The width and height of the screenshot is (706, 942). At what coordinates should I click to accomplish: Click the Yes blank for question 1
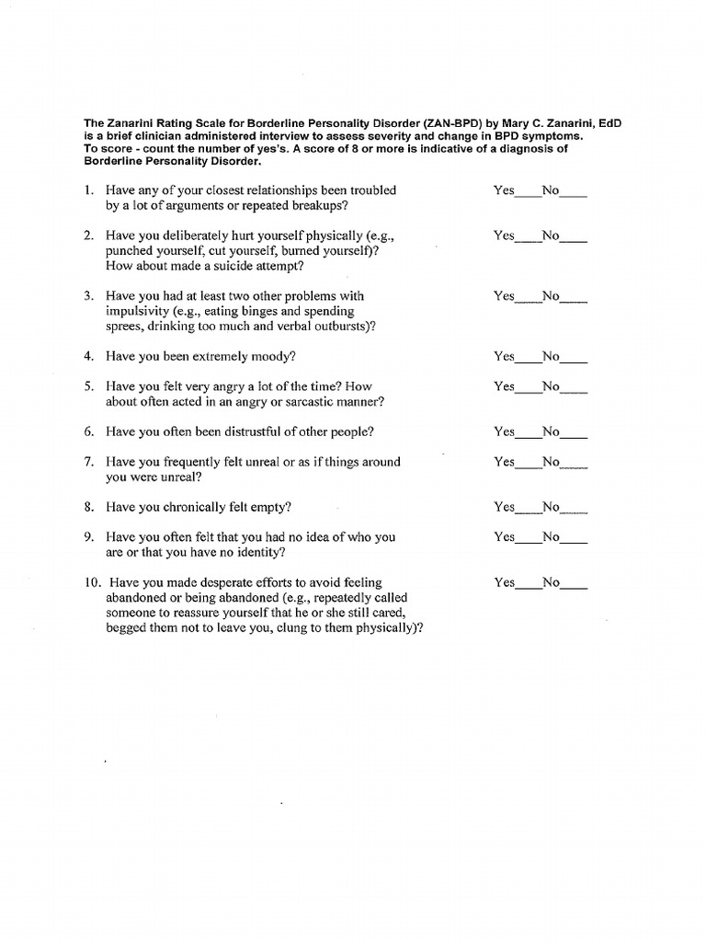(528, 193)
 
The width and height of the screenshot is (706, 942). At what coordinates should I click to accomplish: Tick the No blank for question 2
(574, 238)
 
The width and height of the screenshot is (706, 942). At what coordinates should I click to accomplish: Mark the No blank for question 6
(574, 434)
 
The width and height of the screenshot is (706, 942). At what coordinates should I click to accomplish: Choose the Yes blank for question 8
(528, 510)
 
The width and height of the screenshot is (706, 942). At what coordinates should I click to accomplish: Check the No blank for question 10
(574, 585)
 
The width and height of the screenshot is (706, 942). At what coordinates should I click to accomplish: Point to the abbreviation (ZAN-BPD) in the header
(445, 123)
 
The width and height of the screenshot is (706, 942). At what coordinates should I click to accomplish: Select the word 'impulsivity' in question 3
(138, 312)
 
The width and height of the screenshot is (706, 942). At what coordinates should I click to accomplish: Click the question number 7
(88, 462)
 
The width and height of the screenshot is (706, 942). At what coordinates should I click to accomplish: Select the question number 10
(90, 582)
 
